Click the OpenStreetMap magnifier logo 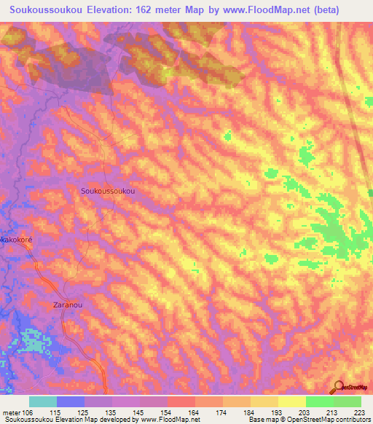(x=338, y=388)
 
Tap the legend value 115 (x=55, y=412)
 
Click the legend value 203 (x=304, y=412)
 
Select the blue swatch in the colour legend (x=70, y=401)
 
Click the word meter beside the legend (x=10, y=412)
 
